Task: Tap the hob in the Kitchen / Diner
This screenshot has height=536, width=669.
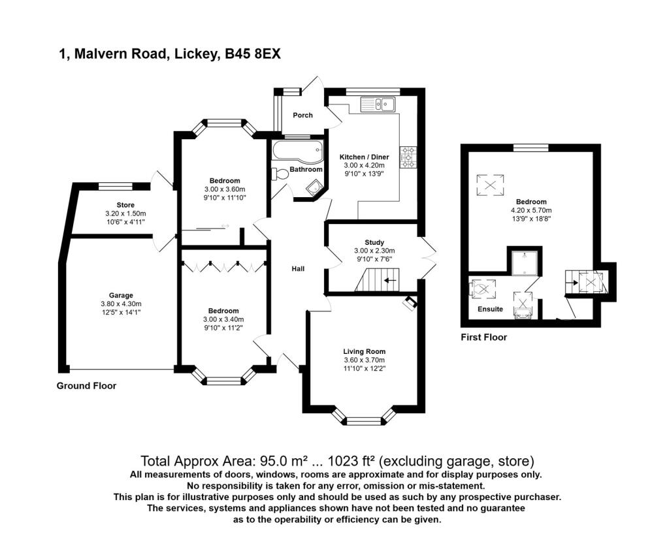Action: click(x=410, y=156)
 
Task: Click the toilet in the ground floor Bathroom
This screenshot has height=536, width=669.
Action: click(x=280, y=174)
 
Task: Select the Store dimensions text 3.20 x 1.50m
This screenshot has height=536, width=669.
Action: click(x=125, y=213)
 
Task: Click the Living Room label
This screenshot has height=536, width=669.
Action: click(x=364, y=352)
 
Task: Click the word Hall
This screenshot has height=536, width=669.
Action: click(x=298, y=268)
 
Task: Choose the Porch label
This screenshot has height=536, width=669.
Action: click(x=302, y=116)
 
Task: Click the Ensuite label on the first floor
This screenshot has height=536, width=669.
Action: click(x=490, y=309)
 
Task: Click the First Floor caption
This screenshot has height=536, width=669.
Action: click(x=484, y=338)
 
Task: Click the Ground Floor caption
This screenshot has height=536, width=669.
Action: click(x=86, y=386)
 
